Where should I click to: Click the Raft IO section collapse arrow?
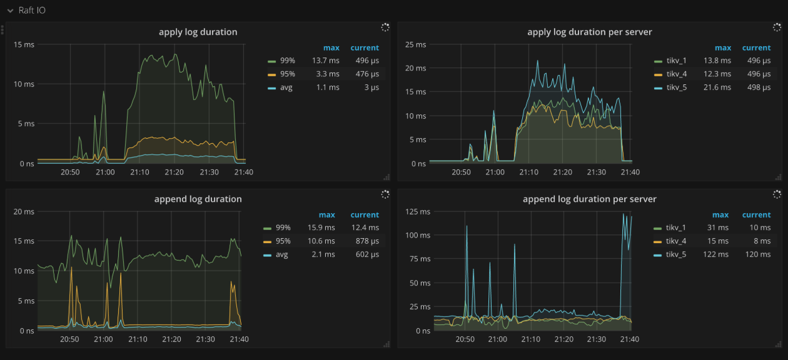10,11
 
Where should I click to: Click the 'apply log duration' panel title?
198,32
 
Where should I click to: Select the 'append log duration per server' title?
589,199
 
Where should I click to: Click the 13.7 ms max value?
326,61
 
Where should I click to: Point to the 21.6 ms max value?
717,87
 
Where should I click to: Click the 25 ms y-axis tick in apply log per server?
416,44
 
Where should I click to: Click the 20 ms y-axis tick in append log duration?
24,211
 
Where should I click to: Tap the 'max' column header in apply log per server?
722,48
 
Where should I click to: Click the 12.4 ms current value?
365,227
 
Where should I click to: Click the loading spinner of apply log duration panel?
385,27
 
